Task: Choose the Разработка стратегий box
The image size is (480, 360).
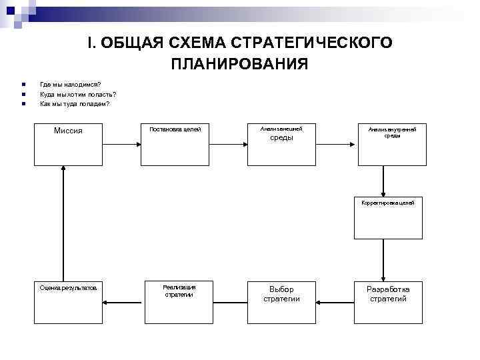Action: coord(388,301)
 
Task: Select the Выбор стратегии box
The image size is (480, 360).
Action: coord(281,301)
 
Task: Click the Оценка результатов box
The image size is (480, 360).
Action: coord(69,301)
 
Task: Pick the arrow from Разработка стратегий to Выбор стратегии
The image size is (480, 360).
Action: coord(335,301)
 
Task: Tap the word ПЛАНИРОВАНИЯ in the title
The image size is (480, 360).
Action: coord(239,64)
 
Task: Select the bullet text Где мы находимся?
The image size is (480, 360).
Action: coord(71,84)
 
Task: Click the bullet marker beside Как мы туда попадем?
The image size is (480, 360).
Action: coord(23,104)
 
